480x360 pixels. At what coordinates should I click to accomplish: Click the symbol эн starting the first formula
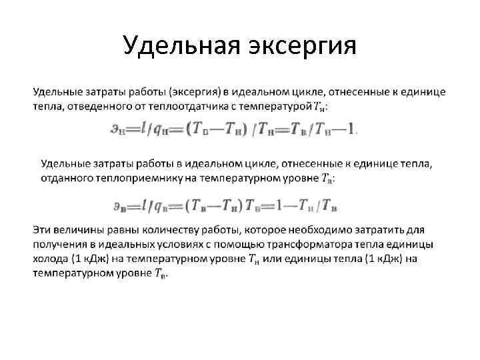point(117,131)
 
